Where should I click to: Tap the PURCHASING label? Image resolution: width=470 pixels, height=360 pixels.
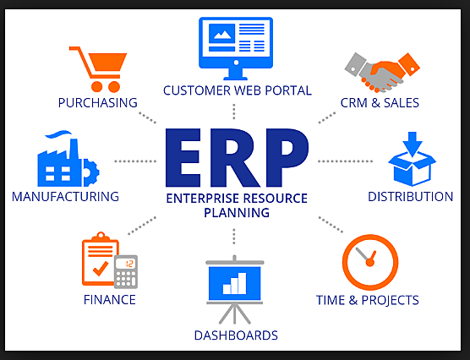(97, 103)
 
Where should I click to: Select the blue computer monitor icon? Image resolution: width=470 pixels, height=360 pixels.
(236, 42)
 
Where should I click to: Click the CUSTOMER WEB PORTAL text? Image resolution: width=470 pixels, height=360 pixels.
(238, 90)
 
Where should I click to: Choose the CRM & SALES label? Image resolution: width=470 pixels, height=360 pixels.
(380, 103)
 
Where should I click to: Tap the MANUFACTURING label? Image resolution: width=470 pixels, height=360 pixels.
(65, 197)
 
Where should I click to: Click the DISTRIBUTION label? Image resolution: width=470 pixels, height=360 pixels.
(410, 197)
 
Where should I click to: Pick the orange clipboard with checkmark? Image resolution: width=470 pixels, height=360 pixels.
(100, 260)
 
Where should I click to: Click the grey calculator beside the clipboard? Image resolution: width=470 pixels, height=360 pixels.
(126, 272)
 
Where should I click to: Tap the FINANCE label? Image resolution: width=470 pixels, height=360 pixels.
(109, 299)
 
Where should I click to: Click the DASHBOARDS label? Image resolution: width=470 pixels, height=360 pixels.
(236, 335)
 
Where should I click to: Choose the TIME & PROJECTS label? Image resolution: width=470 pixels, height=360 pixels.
(367, 299)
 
